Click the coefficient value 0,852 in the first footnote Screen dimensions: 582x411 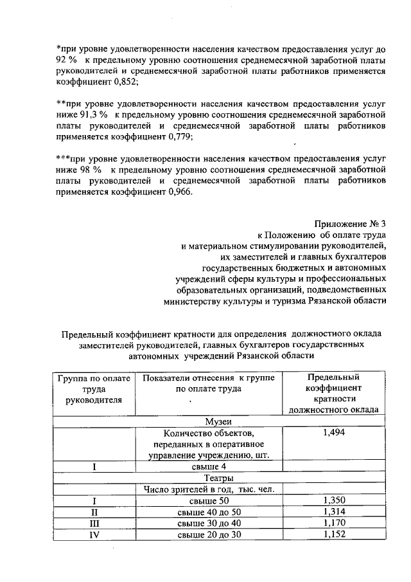[124, 82]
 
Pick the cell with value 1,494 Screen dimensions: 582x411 [334, 433]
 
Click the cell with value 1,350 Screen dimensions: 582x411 [334, 500]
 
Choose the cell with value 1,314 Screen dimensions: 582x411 [334, 512]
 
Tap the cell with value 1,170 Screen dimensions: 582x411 [334, 523]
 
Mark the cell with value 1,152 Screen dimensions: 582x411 [334, 534]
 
